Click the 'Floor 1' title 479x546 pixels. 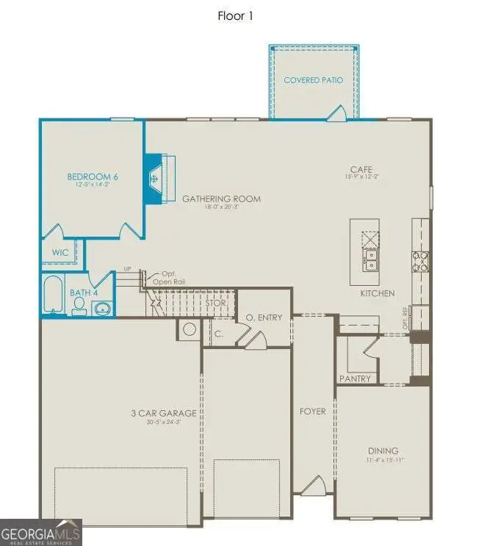click(x=235, y=15)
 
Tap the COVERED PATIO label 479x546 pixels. click(x=313, y=80)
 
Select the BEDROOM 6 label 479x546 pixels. click(x=92, y=177)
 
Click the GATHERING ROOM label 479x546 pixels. click(x=221, y=198)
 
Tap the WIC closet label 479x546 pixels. click(x=60, y=252)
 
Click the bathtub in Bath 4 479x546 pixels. click(x=53, y=295)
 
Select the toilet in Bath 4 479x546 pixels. click(x=79, y=305)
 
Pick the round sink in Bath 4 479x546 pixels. click(x=101, y=307)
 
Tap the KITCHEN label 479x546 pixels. click(x=377, y=293)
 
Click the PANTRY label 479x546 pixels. click(x=355, y=378)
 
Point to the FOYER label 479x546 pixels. click(x=312, y=412)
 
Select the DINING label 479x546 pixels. click(x=383, y=450)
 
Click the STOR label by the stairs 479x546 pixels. click(x=215, y=302)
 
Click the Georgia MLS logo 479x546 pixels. click(x=41, y=532)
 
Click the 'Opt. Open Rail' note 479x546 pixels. click(x=169, y=277)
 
